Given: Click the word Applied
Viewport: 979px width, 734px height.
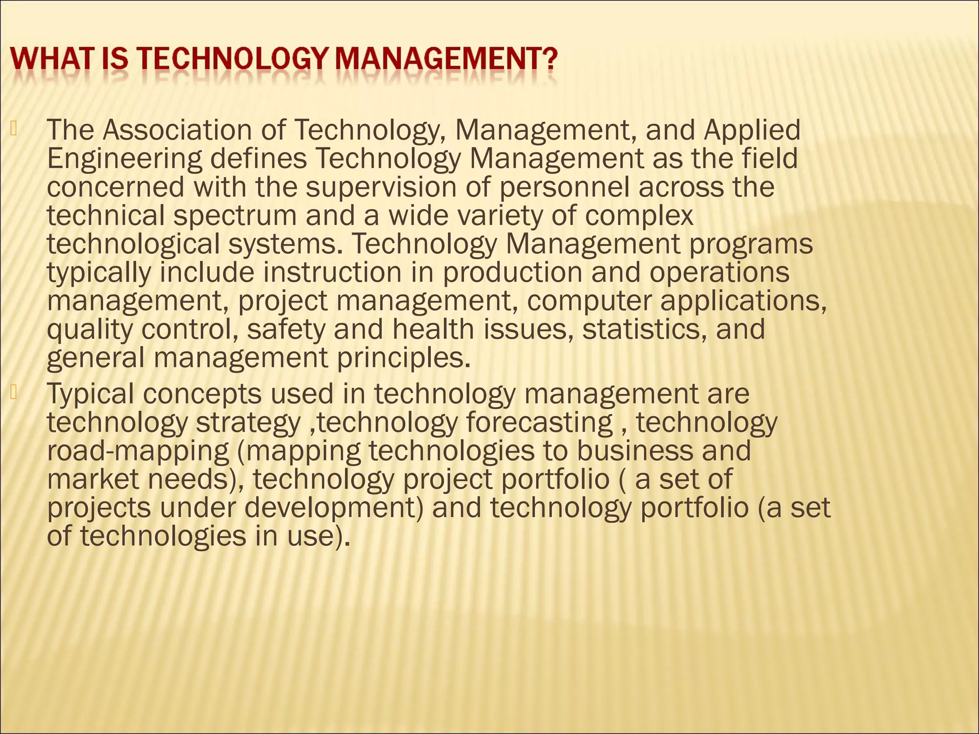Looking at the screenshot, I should (752, 130).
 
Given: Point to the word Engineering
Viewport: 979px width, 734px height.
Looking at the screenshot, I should (125, 159).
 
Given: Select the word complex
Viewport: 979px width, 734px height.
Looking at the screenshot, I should (639, 216).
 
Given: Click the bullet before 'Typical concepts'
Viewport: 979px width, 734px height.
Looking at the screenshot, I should (13, 392).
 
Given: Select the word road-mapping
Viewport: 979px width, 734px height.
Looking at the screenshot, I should (138, 452).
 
